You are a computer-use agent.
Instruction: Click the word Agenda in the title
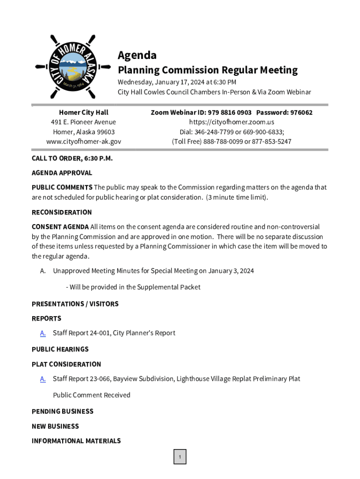point(137,55)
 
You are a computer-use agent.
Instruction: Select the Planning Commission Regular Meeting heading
point(207,70)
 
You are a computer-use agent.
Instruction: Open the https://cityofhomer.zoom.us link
point(231,122)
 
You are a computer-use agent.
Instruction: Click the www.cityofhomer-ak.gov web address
point(84,141)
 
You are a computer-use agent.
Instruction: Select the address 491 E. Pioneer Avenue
point(84,122)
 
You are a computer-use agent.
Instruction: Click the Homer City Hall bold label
point(84,112)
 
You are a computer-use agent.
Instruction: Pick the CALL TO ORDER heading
point(72,158)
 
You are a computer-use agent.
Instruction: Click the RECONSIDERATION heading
point(62,212)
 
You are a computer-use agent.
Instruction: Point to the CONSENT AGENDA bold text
point(60,227)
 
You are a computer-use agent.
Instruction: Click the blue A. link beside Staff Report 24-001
point(43,333)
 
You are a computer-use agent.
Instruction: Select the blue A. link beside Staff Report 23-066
point(43,379)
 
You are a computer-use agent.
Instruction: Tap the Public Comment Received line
point(92,395)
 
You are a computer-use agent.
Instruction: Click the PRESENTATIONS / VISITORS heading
point(75,304)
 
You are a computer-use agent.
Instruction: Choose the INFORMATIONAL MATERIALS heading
point(76,441)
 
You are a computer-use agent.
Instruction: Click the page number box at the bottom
point(180,457)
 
